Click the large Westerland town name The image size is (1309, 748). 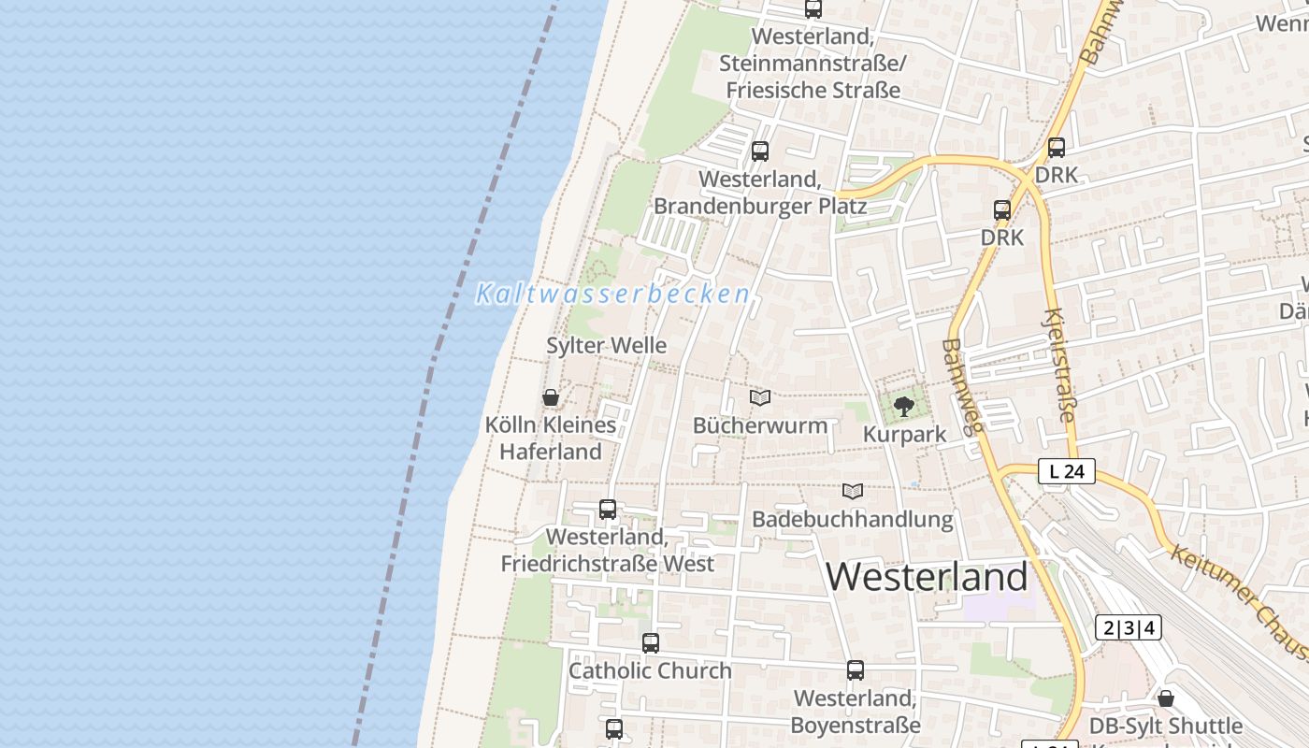[927, 576]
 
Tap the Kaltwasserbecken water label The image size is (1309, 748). [612, 294]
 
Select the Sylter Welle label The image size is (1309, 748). [606, 345]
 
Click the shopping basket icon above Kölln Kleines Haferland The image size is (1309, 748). [551, 397]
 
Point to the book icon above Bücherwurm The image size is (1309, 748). [760, 398]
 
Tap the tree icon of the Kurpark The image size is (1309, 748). [903, 406]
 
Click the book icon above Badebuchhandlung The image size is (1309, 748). [853, 491]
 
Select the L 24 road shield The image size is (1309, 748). [1066, 471]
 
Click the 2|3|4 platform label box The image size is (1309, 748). [1128, 627]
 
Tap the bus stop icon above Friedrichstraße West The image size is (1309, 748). [608, 510]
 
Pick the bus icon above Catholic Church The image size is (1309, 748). [651, 643]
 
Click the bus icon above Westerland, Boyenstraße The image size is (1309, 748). [856, 670]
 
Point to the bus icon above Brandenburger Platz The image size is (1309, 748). [760, 151]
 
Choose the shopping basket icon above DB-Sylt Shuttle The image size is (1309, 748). [1166, 698]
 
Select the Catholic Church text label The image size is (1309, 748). [650, 670]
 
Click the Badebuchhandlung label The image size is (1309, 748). [853, 519]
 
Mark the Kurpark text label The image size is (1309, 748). [904, 434]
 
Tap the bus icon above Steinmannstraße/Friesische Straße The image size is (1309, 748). [813, 9]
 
